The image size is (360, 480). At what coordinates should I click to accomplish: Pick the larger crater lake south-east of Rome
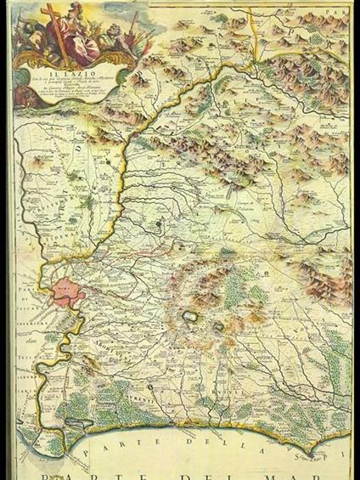tap(188, 316)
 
